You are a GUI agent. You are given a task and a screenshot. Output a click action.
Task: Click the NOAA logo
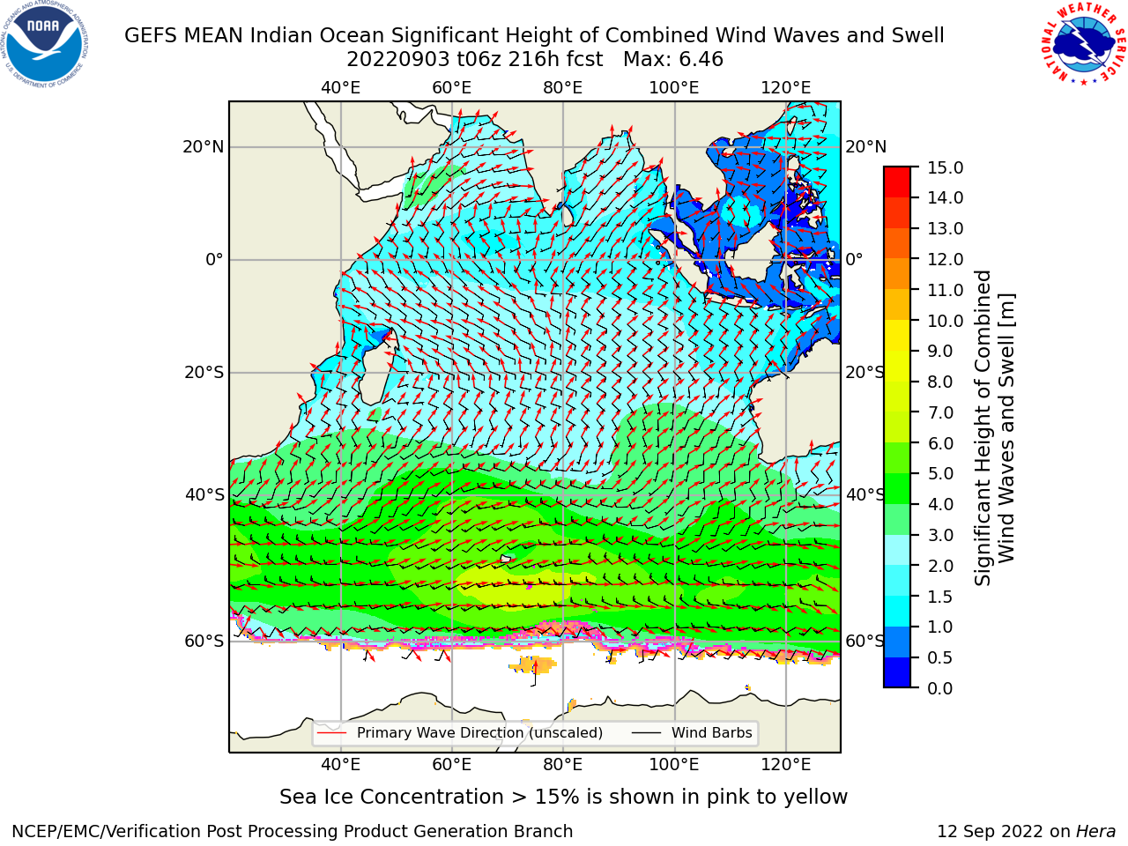click(x=45, y=45)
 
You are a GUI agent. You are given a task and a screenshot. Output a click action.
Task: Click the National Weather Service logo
click(x=1083, y=44)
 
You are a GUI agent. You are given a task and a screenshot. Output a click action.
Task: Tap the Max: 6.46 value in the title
click(x=673, y=60)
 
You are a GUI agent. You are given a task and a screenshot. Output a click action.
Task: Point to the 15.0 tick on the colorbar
click(x=945, y=167)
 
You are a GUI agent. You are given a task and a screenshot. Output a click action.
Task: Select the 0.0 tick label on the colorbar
click(x=940, y=688)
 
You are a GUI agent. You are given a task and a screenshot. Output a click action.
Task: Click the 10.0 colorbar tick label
click(x=945, y=321)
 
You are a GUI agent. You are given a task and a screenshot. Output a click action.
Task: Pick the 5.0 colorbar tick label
click(x=940, y=473)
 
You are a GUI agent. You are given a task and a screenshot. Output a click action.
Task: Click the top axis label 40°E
click(x=341, y=88)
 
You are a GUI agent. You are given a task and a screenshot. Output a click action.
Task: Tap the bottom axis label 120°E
click(x=786, y=764)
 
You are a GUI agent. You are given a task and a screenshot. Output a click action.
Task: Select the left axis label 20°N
click(x=204, y=147)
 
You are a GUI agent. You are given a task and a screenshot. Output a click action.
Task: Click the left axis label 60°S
click(x=204, y=641)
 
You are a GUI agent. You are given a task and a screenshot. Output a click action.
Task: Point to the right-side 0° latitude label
click(x=854, y=259)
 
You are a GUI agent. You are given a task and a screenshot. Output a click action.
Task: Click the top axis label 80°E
click(x=563, y=88)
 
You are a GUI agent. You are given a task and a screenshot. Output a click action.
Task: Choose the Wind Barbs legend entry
click(x=692, y=733)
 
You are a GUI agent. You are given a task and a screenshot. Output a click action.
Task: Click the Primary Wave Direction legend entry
click(x=460, y=733)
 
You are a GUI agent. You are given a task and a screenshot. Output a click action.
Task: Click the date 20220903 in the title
click(x=398, y=60)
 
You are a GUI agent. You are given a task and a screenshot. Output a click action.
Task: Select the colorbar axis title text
click(x=994, y=428)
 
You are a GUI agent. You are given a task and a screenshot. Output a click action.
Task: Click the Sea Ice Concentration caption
click(x=563, y=798)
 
